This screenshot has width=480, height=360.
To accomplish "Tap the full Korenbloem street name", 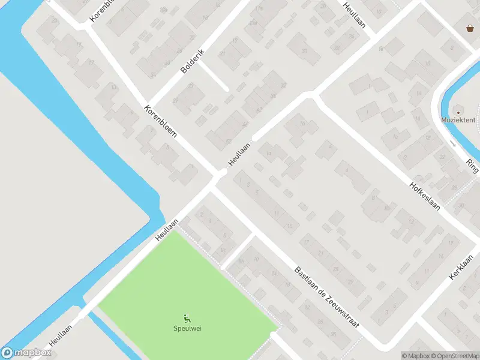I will click(x=160, y=122).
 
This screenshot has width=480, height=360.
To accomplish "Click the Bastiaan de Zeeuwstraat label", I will click(x=326, y=296).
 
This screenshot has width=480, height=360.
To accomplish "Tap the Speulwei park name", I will click(x=187, y=328).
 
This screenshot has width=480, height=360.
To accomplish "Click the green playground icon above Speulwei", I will click(x=187, y=319).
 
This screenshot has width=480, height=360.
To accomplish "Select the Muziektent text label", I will click(x=458, y=120).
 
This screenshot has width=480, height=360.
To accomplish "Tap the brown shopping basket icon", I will click(x=470, y=28).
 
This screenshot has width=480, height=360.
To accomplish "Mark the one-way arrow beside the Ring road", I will click(x=453, y=143).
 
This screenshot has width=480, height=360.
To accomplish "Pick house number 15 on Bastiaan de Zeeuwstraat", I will click(x=290, y=226).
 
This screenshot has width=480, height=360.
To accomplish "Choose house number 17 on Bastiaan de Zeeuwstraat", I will click(x=306, y=242).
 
